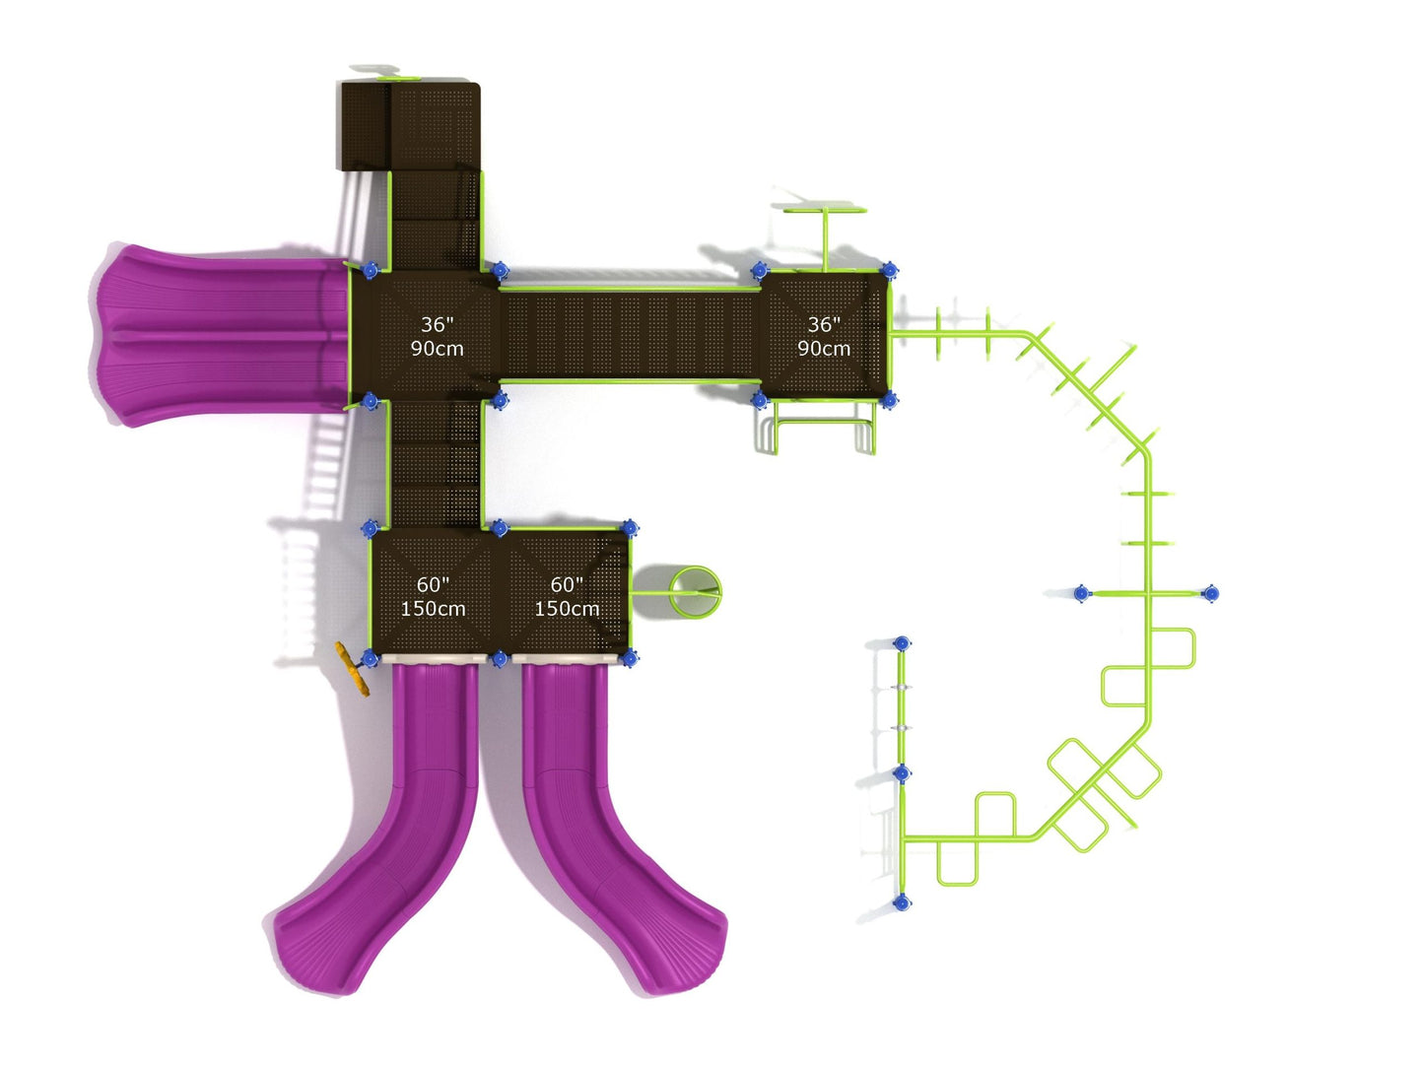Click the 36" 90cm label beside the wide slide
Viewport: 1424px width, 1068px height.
pos(437,336)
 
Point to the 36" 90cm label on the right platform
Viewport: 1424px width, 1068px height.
pos(824,336)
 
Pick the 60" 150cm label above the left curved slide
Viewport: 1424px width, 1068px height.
pos(433,597)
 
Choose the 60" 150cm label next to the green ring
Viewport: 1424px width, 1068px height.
pos(567,597)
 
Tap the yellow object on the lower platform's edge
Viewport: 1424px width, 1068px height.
pos(350,669)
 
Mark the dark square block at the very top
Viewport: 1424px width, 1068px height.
pos(410,125)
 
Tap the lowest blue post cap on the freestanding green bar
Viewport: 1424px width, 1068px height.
pos(901,901)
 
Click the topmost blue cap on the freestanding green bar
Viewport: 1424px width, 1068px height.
pos(901,643)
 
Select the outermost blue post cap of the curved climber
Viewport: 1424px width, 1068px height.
pos(1211,593)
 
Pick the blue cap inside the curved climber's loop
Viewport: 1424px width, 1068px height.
pos(1082,593)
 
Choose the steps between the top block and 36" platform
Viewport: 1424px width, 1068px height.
pos(435,219)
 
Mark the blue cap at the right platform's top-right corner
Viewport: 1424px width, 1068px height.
pos(889,270)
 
